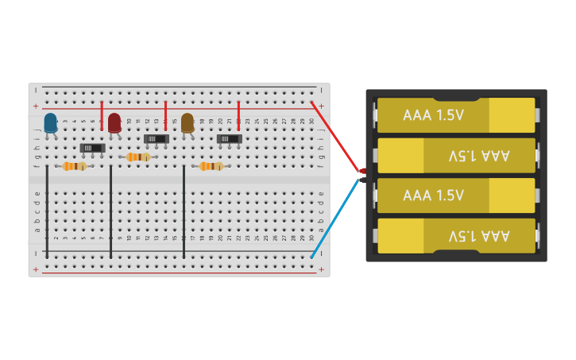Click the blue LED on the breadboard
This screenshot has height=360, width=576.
click(50, 122)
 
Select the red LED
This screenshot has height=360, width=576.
click(114, 122)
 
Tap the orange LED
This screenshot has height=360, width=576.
click(187, 122)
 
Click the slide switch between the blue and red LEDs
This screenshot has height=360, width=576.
click(93, 148)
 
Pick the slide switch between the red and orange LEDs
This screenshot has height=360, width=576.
click(157, 139)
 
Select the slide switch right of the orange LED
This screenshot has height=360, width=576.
click(230, 139)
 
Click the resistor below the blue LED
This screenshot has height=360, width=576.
click(74, 166)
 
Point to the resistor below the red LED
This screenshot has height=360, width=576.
click(138, 157)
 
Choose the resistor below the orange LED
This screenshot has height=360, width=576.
click(211, 166)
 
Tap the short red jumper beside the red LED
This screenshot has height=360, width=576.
click(102, 116)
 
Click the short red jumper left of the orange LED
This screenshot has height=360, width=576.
click(165, 116)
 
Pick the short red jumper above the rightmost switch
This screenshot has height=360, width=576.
click(238, 116)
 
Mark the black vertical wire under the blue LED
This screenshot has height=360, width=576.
click(47, 211)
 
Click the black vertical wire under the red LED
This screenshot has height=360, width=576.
click(111, 211)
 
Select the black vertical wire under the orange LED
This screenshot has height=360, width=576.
click(184, 211)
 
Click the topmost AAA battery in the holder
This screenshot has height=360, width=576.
click(456, 115)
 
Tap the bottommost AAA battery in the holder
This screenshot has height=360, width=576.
click(456, 236)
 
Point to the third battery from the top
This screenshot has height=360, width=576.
click(456, 195)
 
